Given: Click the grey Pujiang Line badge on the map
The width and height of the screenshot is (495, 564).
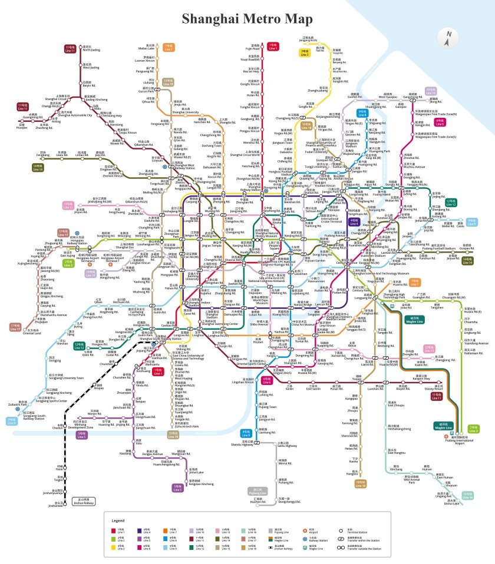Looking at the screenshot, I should point(258,491).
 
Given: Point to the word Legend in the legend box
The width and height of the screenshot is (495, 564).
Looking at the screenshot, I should point(118,521).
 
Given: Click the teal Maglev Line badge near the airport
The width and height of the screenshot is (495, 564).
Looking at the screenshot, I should point(443,426).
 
